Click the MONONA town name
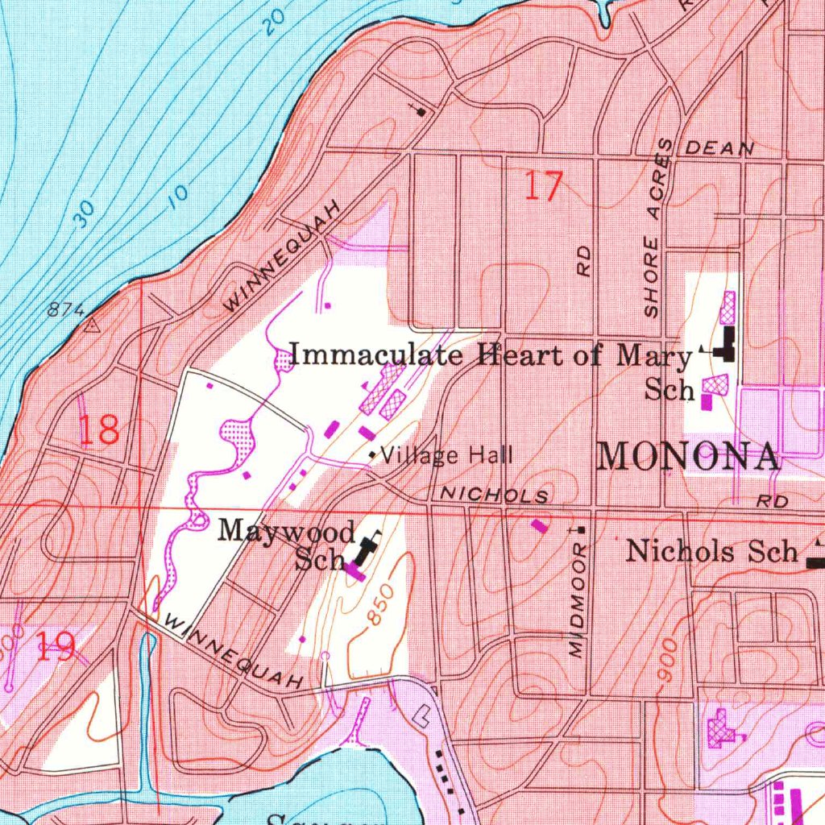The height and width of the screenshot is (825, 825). point(689,457)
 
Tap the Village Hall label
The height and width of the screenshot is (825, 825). point(446,456)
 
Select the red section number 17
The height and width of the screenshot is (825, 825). point(542,187)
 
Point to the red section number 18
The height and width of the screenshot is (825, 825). point(99,430)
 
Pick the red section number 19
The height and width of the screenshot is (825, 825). point(56,647)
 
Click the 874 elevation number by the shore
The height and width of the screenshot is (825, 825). point(66,309)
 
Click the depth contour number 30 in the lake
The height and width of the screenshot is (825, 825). point(83,214)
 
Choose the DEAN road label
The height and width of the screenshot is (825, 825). point(719,149)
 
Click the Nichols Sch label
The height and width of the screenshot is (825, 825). point(712,552)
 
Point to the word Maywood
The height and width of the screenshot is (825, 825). point(286,532)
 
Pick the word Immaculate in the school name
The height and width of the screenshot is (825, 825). point(376,354)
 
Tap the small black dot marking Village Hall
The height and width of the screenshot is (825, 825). point(372,456)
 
